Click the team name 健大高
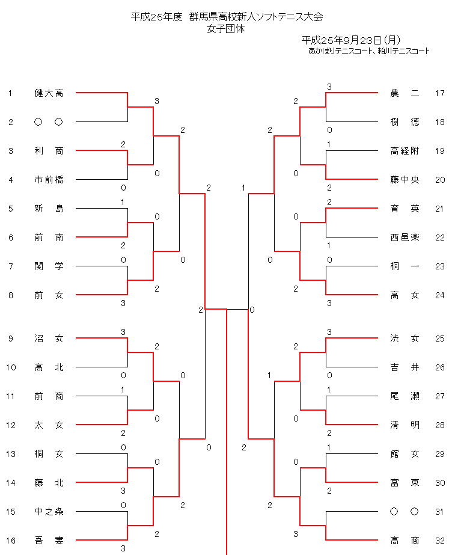click(49, 93)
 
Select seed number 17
click(439, 93)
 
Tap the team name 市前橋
click(49, 180)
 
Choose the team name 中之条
click(49, 512)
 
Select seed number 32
click(439, 541)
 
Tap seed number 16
click(10, 541)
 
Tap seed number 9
click(10, 339)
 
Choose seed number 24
click(439, 295)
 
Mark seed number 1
click(10, 93)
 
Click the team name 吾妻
click(49, 541)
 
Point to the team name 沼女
click(49, 339)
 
